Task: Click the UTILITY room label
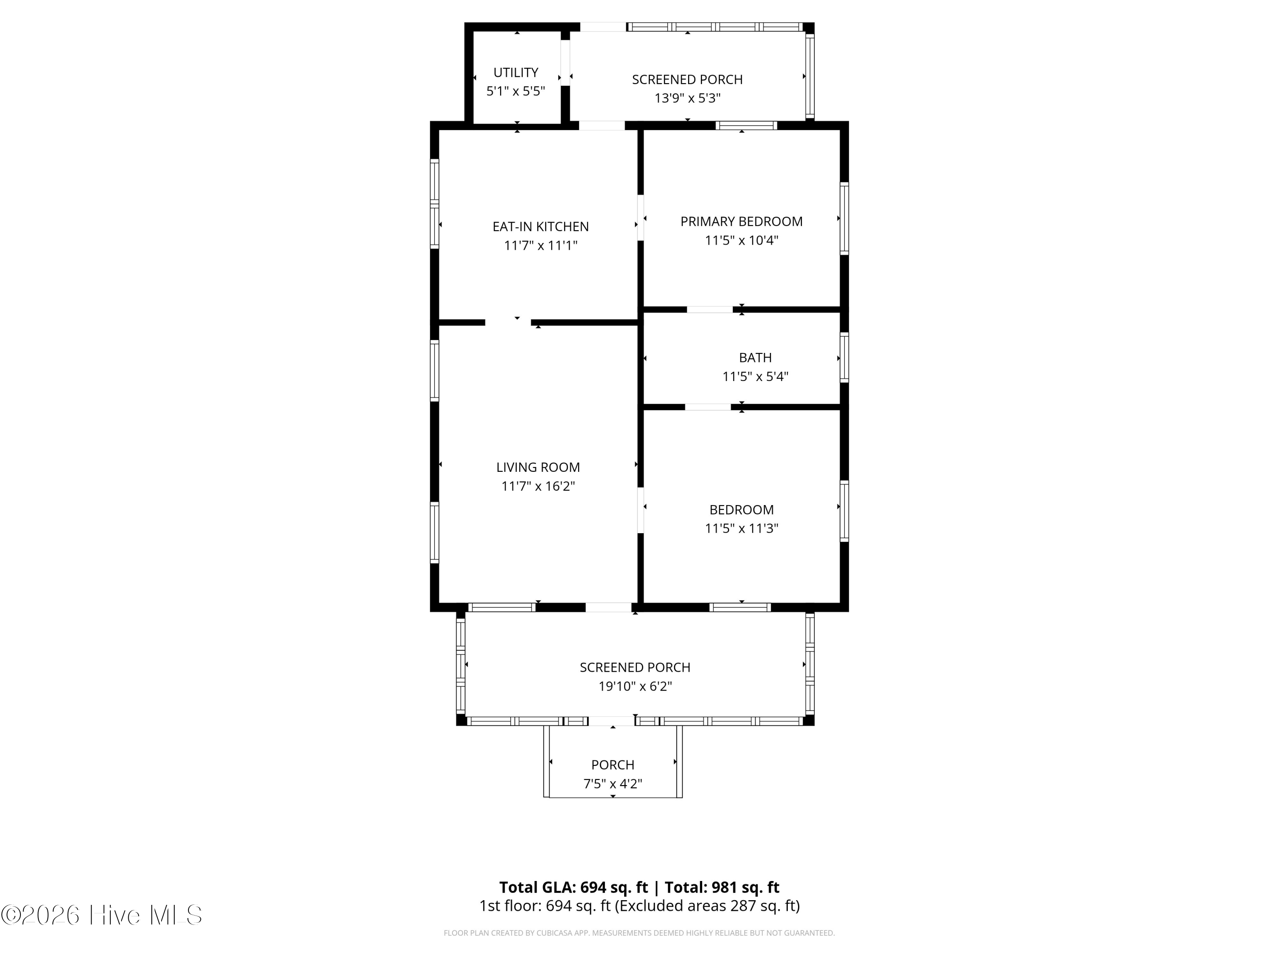tap(516, 72)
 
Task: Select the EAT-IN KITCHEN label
tap(541, 227)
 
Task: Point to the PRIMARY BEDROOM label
tap(741, 221)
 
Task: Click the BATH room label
tap(755, 358)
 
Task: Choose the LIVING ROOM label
tap(538, 467)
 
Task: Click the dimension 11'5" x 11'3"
tap(741, 529)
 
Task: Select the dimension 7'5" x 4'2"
tap(612, 784)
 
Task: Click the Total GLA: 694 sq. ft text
tap(573, 887)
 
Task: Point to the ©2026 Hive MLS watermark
tap(102, 915)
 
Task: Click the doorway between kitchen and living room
tap(508, 322)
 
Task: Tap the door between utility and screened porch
tap(565, 62)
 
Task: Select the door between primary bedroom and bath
tap(709, 309)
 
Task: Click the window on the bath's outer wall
tap(844, 357)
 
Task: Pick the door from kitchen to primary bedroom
tap(640, 217)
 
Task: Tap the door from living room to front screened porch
tap(608, 607)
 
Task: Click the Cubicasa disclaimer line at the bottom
tap(639, 933)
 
